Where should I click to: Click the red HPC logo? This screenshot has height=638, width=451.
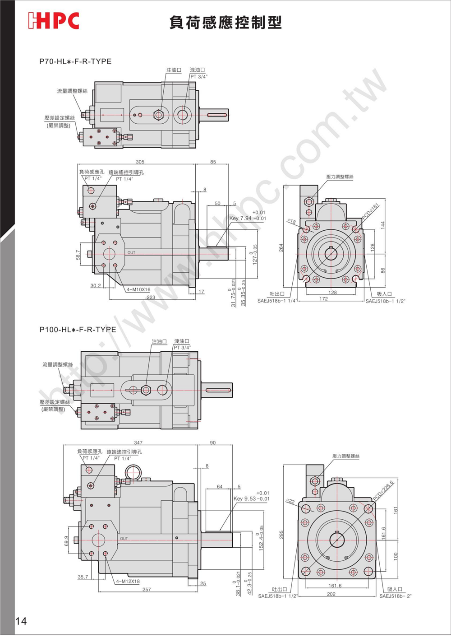click(53, 21)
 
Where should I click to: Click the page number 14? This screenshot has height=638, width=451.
click(21, 621)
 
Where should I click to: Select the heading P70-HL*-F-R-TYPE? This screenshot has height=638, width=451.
click(75, 61)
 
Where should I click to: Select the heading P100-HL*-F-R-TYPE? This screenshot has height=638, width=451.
click(78, 330)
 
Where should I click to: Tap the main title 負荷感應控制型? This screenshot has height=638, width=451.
click(225, 22)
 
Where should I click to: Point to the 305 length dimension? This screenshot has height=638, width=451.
click(140, 162)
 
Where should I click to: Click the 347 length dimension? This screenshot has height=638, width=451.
click(138, 443)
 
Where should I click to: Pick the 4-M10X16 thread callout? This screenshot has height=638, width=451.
click(138, 290)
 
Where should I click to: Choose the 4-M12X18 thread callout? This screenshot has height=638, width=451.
click(128, 582)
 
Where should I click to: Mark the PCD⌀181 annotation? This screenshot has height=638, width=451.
click(371, 212)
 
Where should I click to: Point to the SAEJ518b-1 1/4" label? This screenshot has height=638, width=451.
click(277, 301)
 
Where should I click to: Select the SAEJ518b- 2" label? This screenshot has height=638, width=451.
click(396, 596)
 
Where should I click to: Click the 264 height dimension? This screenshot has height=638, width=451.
click(281, 247)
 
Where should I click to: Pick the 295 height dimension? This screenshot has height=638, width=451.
click(281, 535)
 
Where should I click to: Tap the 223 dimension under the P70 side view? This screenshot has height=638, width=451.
click(151, 297)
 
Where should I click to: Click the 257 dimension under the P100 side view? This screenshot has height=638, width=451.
click(147, 590)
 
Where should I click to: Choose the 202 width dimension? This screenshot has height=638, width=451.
click(331, 594)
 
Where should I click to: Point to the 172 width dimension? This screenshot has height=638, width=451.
click(324, 299)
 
